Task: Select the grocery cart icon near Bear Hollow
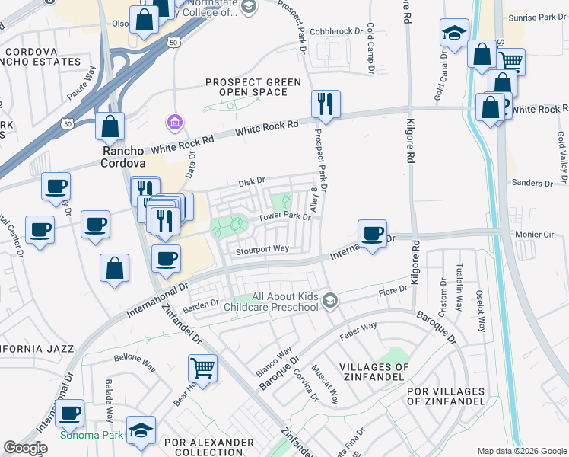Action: (203, 369)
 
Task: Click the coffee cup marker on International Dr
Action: (372, 233)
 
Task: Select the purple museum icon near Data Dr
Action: (174, 122)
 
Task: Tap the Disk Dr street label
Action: (250, 181)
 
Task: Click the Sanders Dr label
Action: (531, 183)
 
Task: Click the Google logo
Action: (25, 448)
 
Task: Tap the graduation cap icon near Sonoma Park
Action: (141, 430)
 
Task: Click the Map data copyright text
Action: (521, 451)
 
